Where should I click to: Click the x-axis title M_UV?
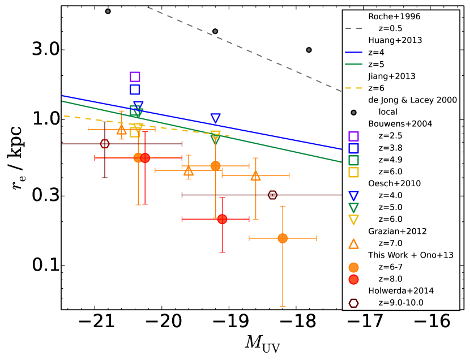point(263,344)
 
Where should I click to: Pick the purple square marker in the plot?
point(135,77)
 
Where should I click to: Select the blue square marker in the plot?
point(135,89)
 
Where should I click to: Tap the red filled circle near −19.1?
point(222,219)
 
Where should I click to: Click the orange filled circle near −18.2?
point(283,238)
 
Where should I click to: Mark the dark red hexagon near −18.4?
point(272,195)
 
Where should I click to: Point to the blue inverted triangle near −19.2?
point(215,118)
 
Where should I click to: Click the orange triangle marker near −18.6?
point(255,176)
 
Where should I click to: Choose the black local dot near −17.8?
point(309,50)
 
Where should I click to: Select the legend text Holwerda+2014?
point(401,290)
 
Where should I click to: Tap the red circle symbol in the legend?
point(354,279)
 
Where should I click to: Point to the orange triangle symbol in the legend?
point(354,243)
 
